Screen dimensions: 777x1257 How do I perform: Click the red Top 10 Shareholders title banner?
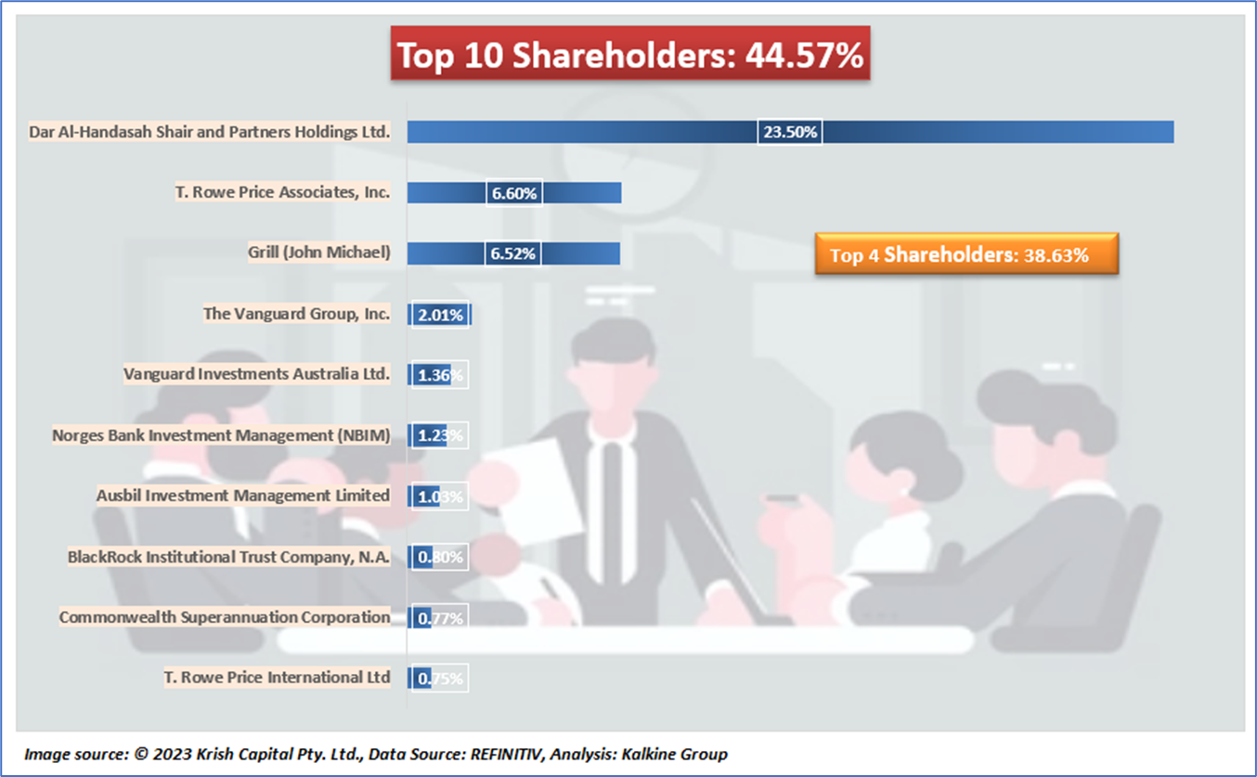point(629,56)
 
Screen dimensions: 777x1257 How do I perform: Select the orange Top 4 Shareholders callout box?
point(966,254)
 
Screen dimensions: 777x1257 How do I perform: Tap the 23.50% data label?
point(790,132)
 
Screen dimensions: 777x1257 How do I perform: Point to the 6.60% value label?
point(513,193)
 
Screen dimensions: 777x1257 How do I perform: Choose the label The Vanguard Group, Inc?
point(296,314)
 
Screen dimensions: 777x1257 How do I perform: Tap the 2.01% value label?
point(440,315)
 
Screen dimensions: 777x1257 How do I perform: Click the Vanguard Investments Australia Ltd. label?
point(256,374)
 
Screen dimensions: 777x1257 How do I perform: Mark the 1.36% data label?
point(440,375)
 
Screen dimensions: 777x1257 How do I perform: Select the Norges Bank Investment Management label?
point(221,434)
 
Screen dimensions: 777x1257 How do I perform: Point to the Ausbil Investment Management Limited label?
point(242,496)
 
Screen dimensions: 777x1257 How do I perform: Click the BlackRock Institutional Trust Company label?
point(228,557)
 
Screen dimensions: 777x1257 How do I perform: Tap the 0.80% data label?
point(440,557)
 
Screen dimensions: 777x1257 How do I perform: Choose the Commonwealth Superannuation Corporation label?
point(225,617)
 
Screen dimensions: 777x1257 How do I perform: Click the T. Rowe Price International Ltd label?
point(277,678)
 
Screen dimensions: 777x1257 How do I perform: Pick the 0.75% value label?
point(440,679)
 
